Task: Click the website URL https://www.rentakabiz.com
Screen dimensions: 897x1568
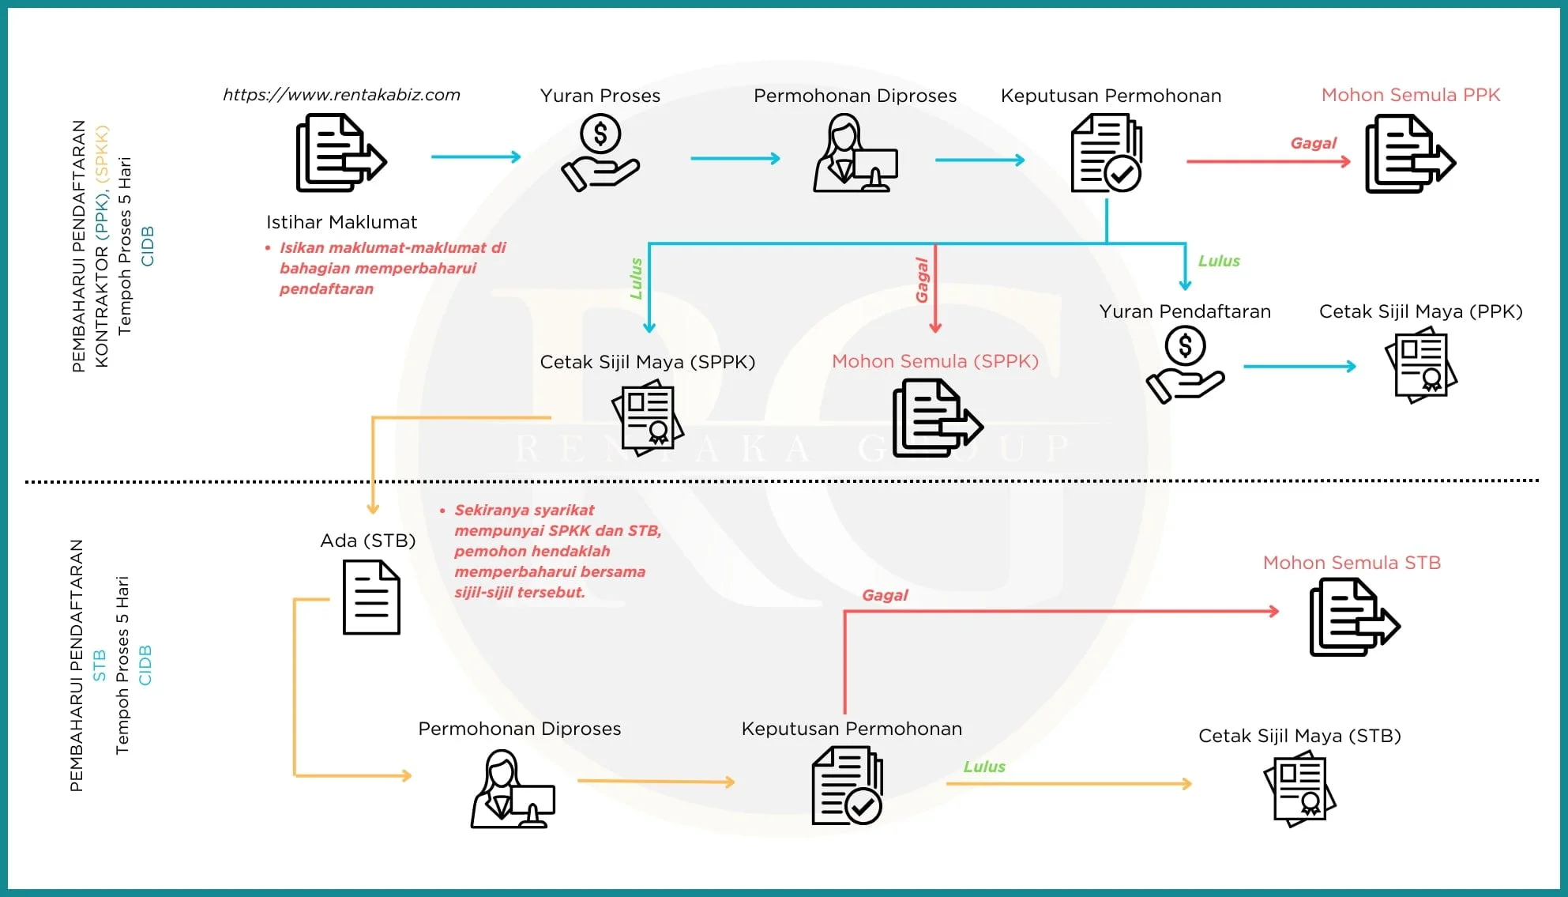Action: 341,95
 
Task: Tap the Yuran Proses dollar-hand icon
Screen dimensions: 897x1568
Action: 600,153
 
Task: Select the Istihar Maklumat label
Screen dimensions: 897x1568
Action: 341,222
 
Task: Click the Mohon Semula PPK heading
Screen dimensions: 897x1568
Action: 1410,95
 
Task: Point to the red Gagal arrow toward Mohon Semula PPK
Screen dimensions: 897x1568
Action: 1268,161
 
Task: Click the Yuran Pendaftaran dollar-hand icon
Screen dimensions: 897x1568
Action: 1185,365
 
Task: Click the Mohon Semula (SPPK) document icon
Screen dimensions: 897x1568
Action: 937,418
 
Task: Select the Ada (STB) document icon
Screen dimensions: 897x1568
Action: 371,597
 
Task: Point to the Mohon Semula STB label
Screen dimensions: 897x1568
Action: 1352,563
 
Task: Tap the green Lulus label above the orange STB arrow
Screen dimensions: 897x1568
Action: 984,767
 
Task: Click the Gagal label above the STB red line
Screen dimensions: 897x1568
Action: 885,595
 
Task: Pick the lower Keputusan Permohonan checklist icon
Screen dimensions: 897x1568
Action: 848,786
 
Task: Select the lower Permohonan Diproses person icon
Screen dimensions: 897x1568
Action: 513,790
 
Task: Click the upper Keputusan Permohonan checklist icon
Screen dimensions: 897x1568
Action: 1106,153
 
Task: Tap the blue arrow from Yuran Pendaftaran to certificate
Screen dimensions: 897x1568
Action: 1299,367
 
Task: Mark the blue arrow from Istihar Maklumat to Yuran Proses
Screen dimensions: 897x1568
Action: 476,156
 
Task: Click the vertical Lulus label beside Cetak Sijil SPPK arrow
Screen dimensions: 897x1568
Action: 636,278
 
